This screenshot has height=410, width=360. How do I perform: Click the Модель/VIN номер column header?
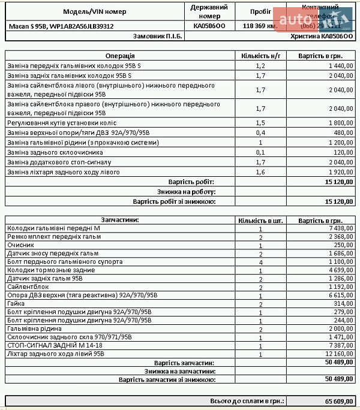pyautogui.click(x=95, y=11)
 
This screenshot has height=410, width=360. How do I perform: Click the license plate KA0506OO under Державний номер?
pyautogui.click(x=209, y=26)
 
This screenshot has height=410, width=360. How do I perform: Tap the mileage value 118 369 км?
pyautogui.click(x=259, y=26)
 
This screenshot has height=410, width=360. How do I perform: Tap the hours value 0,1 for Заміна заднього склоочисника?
pyautogui.click(x=260, y=153)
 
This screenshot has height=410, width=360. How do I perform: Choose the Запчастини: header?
pyautogui.click(x=120, y=219)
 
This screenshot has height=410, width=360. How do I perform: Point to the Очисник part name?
pyautogui.click(x=20, y=245)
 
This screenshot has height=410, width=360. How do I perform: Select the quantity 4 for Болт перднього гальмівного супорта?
pyautogui.click(x=260, y=262)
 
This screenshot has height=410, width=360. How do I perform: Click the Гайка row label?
pyautogui.click(x=16, y=304)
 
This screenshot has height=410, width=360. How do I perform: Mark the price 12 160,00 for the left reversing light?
pyautogui.click(x=339, y=354)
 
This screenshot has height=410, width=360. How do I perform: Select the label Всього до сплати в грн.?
pyautogui.click(x=247, y=400)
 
